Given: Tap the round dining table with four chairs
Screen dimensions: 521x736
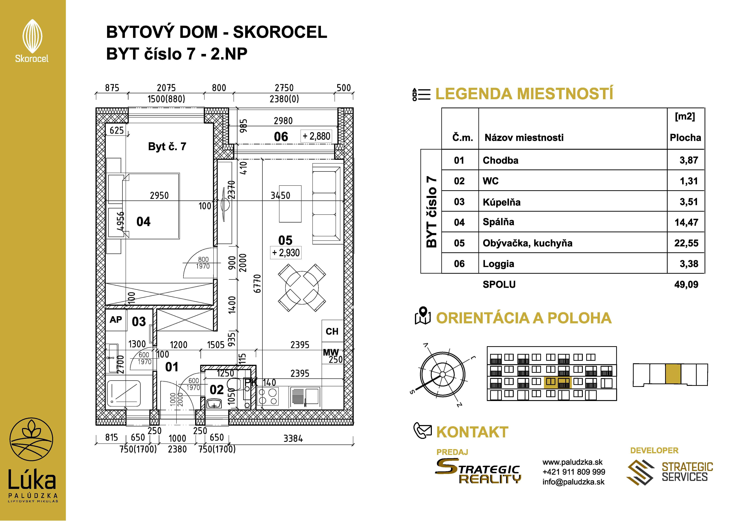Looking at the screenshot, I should pyautogui.click(x=302, y=288).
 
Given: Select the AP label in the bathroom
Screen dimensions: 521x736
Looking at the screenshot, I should pyautogui.click(x=116, y=320).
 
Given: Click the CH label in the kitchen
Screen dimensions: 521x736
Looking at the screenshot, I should pyautogui.click(x=332, y=331).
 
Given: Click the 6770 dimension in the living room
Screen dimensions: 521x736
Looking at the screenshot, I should pyautogui.click(x=257, y=284).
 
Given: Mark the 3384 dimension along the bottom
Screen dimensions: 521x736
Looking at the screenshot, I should pyautogui.click(x=293, y=439).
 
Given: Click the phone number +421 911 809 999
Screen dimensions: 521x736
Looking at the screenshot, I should pyautogui.click(x=574, y=472).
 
